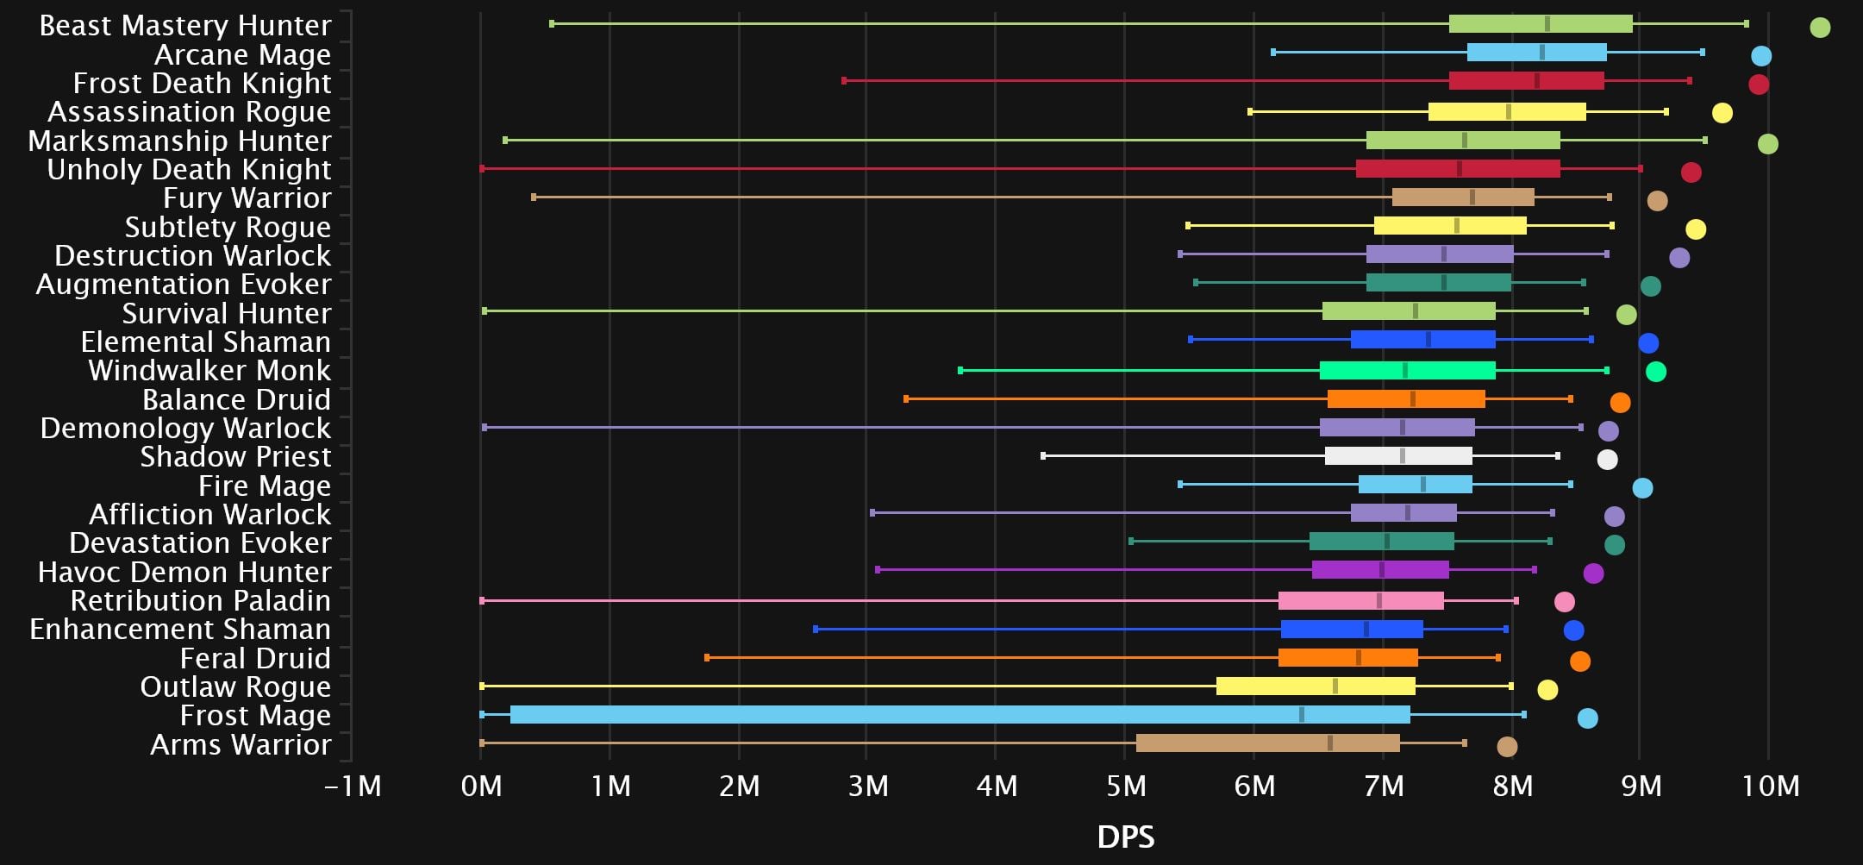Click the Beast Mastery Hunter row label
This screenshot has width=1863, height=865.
point(185,26)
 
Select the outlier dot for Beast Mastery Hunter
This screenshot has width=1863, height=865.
point(1820,28)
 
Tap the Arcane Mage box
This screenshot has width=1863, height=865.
point(1536,53)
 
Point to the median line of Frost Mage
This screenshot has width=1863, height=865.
point(1302,715)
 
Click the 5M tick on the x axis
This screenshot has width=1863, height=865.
point(1125,787)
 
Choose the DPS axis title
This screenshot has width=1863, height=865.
point(1125,837)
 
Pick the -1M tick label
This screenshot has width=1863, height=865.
point(353,787)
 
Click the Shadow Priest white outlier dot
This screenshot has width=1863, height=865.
point(1607,460)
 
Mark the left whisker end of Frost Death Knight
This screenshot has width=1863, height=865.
point(844,81)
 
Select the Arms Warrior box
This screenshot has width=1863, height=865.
point(1267,743)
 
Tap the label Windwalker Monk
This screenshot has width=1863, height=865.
point(209,371)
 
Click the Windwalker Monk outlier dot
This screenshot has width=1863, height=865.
point(1655,372)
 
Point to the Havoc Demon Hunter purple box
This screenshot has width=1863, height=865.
point(1380,570)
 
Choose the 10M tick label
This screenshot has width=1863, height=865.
point(1770,787)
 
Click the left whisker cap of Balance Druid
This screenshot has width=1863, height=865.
point(906,399)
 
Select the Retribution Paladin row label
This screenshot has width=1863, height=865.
point(200,601)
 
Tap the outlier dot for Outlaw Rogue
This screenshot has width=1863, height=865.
point(1547,690)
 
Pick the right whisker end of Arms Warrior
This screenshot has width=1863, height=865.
point(1464,743)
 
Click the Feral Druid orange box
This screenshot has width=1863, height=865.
point(1347,658)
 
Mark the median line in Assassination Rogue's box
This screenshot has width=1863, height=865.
point(1508,111)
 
